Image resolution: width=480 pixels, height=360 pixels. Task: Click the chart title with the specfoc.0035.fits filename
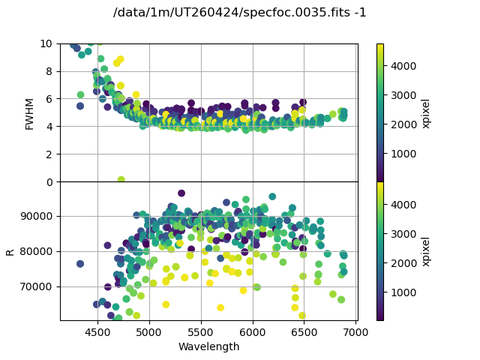pyautogui.click(x=240, y=13)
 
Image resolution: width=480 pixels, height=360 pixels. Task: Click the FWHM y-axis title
pyautogui.click(x=30, y=112)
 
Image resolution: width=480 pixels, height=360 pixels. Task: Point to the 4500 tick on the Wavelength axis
pyautogui.click(x=97, y=331)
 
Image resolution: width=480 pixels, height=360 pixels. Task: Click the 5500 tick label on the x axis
pyautogui.click(x=201, y=331)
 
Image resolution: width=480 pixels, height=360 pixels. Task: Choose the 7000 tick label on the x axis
pyautogui.click(x=356, y=331)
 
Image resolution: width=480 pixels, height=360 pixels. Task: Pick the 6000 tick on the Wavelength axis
pyautogui.click(x=253, y=331)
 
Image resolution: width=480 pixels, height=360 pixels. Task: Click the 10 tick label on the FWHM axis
pyautogui.click(x=46, y=43)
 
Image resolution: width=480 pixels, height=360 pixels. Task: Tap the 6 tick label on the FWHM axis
pyautogui.click(x=49, y=99)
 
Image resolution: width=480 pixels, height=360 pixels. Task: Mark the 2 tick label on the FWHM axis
pyautogui.click(x=49, y=154)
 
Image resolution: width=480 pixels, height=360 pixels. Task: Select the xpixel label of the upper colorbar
pyautogui.click(x=426, y=112)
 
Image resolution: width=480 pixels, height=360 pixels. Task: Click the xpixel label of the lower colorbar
pyautogui.click(x=426, y=251)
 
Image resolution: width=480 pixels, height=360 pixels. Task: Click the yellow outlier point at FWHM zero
pyautogui.click(x=121, y=180)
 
